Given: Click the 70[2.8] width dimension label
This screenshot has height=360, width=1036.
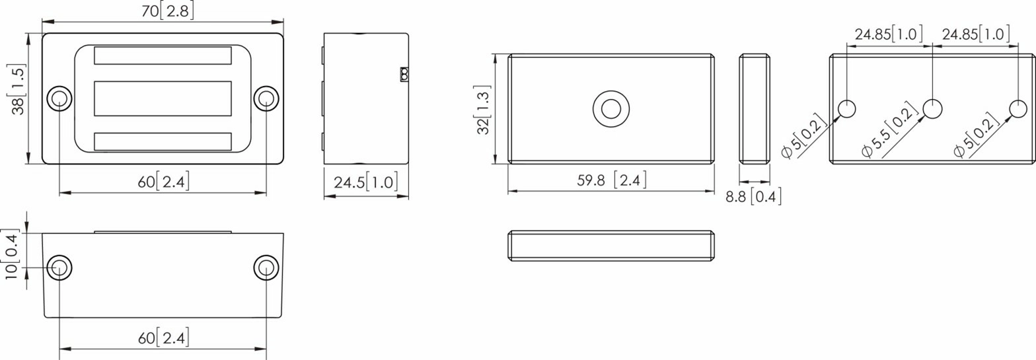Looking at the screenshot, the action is coord(167,11).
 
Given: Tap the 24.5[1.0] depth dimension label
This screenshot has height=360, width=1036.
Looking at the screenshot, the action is coord(366,182).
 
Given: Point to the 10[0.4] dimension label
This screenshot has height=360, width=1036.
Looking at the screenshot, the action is coord(11,254).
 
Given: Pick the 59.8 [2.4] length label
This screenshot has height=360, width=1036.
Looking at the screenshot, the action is coord(611,180).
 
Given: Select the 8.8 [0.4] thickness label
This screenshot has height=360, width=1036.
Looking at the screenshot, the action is coord(753,196).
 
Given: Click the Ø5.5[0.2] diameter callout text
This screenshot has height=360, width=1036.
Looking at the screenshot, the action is coord(890,130).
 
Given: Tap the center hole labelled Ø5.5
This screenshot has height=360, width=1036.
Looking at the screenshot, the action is coord(932,108).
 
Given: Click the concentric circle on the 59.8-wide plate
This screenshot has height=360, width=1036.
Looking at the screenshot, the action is coord(611,109).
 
